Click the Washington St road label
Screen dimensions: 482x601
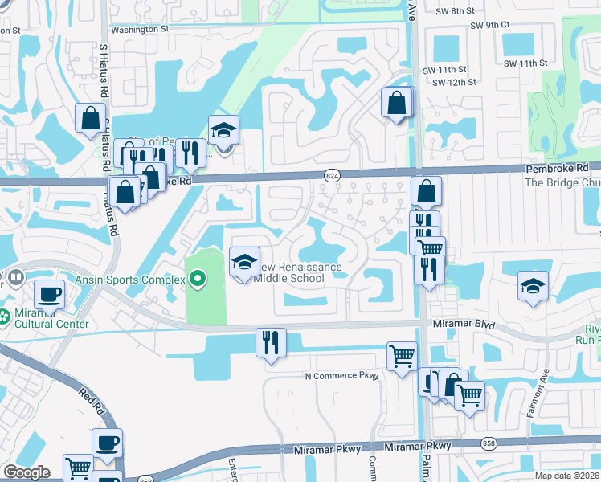[x=140, y=29]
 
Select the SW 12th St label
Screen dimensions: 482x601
[x=455, y=82]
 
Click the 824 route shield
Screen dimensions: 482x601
[x=331, y=174]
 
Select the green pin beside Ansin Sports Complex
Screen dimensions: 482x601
[x=198, y=280]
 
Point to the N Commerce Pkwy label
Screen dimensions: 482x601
[x=341, y=376]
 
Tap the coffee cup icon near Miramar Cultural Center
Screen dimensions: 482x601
[x=50, y=295]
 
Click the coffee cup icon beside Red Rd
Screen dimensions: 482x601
[x=107, y=443]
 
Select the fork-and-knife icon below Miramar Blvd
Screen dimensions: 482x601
[x=271, y=343]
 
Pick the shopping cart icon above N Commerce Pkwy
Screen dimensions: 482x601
[x=402, y=356]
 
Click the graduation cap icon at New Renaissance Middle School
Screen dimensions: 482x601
[x=245, y=263]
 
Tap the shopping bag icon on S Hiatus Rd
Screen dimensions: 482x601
[x=91, y=118]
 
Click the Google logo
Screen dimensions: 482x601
[x=27, y=472]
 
